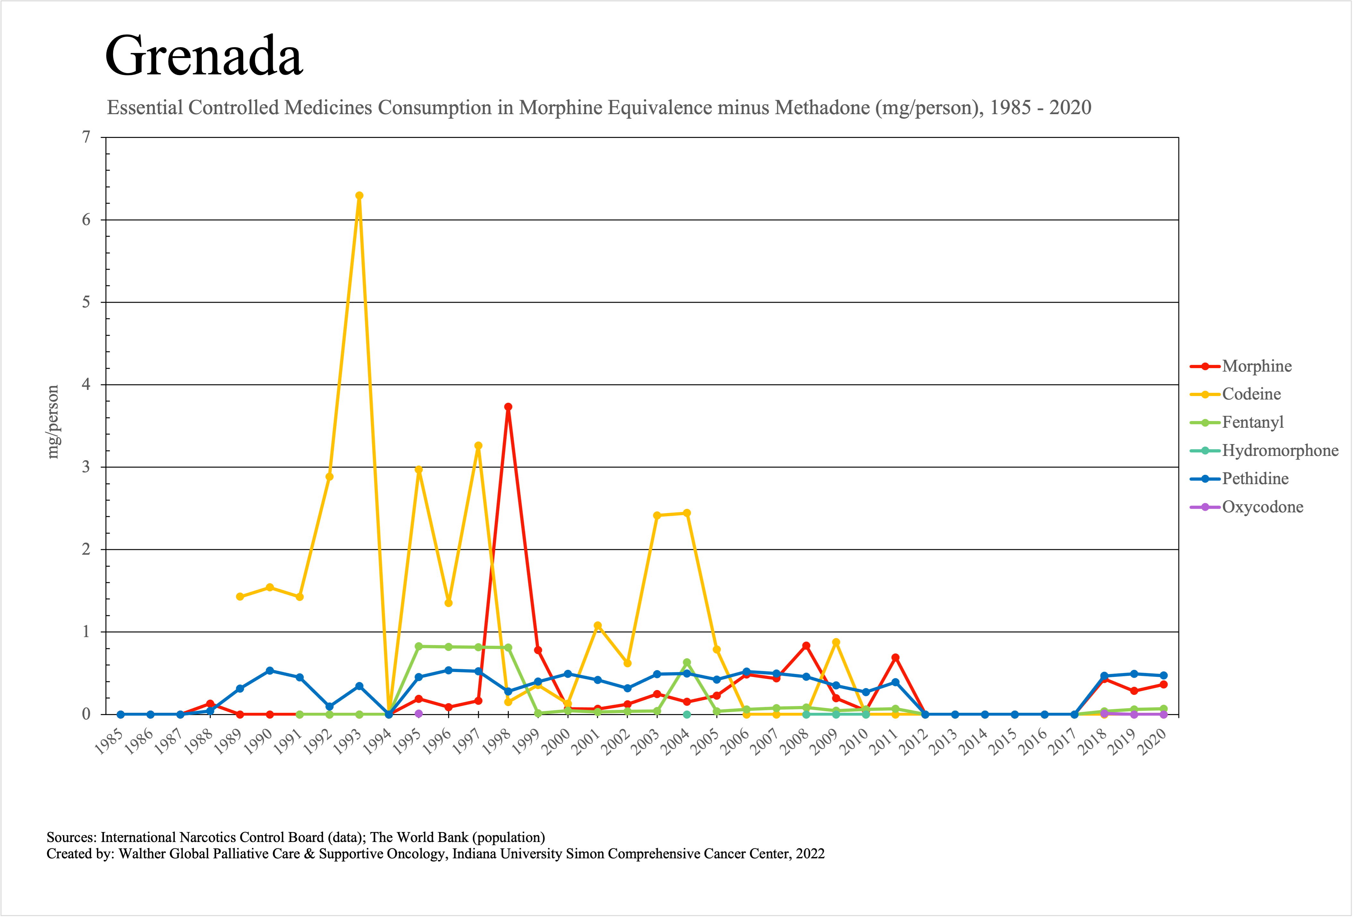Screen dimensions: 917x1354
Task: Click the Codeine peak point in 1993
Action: coord(359,196)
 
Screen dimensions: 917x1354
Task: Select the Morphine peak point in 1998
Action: coord(508,407)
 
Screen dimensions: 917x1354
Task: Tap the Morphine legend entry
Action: coord(1257,366)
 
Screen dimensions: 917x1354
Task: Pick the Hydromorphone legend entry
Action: coord(1280,450)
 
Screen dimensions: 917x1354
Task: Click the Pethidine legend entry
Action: coord(1255,479)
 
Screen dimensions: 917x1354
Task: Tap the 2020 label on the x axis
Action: coord(1154,742)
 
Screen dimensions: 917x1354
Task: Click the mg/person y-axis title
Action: coord(53,422)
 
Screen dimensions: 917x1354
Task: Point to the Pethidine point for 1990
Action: coord(270,671)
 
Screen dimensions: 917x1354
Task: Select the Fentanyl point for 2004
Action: coord(687,662)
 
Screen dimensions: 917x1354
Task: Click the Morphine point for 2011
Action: coord(896,657)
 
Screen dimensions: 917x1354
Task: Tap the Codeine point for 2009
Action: coord(836,642)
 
